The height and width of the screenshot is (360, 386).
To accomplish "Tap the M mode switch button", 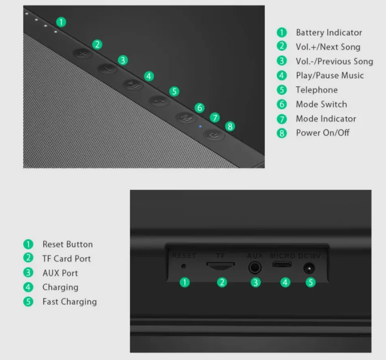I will click(x=185, y=118).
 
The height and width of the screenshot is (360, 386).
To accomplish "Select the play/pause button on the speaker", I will click(x=132, y=84).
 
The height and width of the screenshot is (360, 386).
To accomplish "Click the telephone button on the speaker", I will click(x=159, y=100).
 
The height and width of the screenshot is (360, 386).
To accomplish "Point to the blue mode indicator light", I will click(x=200, y=126).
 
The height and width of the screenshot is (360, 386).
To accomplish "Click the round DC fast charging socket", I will click(x=310, y=268).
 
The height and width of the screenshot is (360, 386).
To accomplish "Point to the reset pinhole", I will click(x=183, y=267).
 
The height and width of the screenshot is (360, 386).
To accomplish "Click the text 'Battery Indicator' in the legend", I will click(x=329, y=33).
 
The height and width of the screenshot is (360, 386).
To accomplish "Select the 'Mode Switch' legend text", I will click(x=321, y=104).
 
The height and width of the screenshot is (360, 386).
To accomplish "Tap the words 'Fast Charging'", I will click(x=69, y=302).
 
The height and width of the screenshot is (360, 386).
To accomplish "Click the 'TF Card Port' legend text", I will click(x=66, y=259).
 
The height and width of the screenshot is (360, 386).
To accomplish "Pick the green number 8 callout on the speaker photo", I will click(x=230, y=126).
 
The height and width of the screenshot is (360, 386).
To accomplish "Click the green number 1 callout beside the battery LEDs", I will click(x=61, y=22).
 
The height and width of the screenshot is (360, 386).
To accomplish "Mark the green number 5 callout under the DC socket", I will click(x=311, y=282).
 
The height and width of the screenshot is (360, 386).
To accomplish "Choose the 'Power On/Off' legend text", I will click(x=323, y=133).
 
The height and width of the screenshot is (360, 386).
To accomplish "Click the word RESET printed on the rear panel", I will click(x=184, y=256).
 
